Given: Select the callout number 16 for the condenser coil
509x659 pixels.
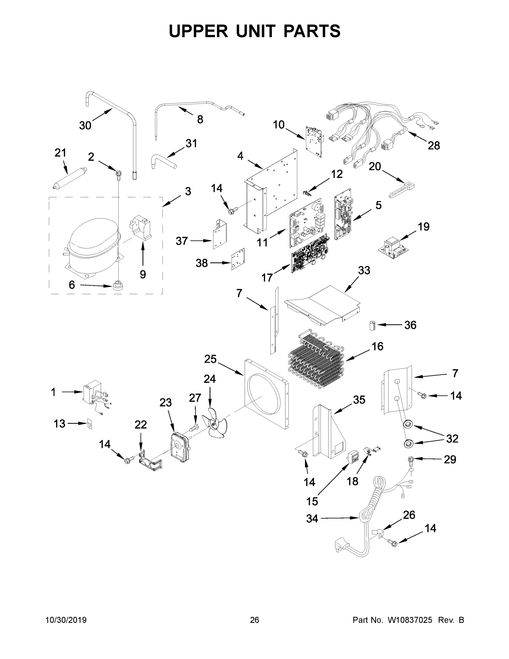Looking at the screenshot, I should click(x=377, y=347).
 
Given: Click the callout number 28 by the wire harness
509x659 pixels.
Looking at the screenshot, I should click(x=434, y=146).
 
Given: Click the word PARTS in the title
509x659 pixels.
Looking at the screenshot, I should click(x=311, y=31).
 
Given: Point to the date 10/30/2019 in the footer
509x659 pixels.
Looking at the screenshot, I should click(x=66, y=620).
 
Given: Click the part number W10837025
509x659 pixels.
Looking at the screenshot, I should click(x=409, y=620).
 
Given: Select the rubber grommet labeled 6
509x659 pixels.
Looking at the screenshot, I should click(x=118, y=285).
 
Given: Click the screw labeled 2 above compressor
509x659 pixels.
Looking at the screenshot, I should click(x=118, y=174).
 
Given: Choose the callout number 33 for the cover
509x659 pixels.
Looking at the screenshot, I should click(x=364, y=270).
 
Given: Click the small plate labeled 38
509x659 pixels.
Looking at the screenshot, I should click(x=238, y=259).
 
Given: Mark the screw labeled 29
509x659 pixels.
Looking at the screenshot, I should click(x=411, y=460).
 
